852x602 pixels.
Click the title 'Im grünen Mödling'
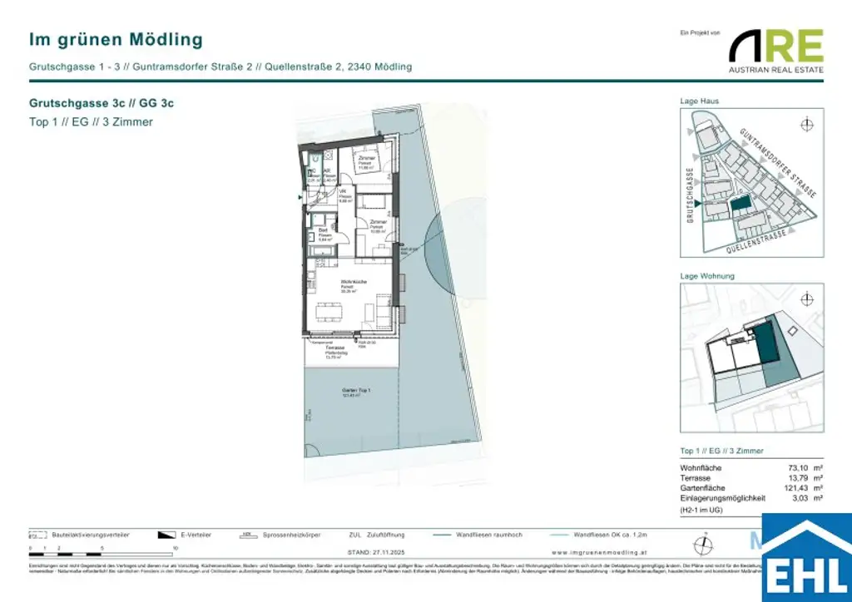tap(116, 39)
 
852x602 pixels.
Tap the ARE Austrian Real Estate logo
tap(775, 50)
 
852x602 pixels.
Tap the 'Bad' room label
tap(322, 230)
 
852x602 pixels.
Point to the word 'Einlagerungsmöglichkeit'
tap(722, 499)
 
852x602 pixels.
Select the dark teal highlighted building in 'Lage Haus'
tap(737, 203)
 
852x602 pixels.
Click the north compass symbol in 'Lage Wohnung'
tap(805, 299)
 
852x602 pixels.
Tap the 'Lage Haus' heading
tap(700, 101)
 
